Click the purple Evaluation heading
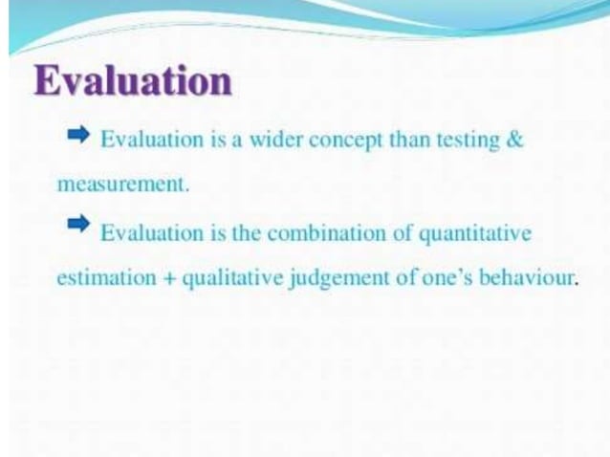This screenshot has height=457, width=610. point(133,80)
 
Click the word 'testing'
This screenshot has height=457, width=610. point(466,140)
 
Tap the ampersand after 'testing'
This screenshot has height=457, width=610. point(515,140)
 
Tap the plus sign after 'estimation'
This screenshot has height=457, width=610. point(169,278)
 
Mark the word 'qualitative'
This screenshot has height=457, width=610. point(225,278)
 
